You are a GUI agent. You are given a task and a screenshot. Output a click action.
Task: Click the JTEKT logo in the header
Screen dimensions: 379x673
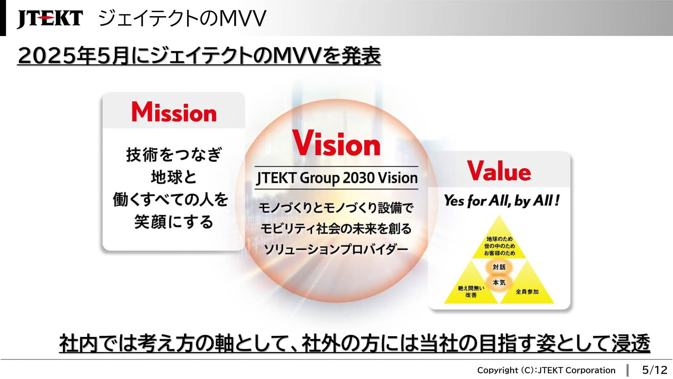tap(50, 18)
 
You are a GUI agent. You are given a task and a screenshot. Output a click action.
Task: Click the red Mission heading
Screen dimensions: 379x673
tap(174, 112)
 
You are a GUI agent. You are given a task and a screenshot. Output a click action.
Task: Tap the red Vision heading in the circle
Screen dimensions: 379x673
tap(336, 143)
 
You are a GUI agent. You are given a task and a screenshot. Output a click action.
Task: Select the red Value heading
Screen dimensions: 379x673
tap(499, 171)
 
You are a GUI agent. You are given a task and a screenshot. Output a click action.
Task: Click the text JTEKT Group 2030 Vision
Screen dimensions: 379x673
tap(337, 178)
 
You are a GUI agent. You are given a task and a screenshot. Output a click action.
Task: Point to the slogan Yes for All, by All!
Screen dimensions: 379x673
tap(502, 201)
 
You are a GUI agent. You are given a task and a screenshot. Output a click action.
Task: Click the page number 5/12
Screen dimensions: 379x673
tap(654, 370)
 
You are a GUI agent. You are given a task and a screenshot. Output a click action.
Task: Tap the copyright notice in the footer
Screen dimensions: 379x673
tap(546, 370)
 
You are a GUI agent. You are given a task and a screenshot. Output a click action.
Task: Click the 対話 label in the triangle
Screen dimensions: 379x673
tap(499, 267)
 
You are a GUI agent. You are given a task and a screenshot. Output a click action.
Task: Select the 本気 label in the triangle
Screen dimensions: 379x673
tap(499, 282)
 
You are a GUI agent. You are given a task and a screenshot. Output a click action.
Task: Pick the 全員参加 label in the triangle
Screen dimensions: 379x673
tap(527, 292)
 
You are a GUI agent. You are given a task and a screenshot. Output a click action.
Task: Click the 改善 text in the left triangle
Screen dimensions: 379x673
tap(471, 295)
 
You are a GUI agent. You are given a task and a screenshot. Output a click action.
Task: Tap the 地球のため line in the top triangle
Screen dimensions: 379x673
tap(499, 239)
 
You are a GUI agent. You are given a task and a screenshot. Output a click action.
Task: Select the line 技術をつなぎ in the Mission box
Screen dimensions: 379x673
tap(174, 154)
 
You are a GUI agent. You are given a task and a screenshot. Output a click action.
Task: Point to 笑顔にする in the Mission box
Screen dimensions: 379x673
tap(174, 222)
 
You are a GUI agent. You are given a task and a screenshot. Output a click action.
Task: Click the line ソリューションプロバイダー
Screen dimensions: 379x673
tap(336, 249)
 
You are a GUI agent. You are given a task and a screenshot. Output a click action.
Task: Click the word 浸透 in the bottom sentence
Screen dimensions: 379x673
tap(631, 343)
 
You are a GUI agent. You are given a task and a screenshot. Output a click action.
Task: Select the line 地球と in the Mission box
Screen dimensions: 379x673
tap(174, 177)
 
